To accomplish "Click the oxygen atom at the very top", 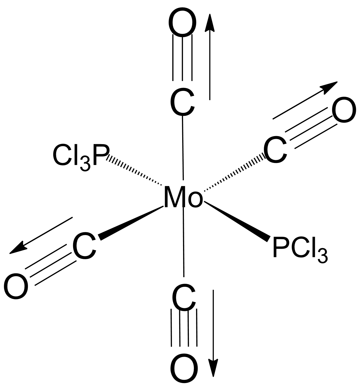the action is pos(182,22).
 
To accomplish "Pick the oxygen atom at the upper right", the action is pos(344,110).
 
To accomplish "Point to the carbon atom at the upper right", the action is pos(275,149).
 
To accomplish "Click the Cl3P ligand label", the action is pos(81,157).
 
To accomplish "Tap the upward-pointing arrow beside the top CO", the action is pos(210,57).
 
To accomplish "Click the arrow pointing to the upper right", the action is pos(305,100).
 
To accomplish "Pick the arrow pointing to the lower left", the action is pos(41,235).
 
